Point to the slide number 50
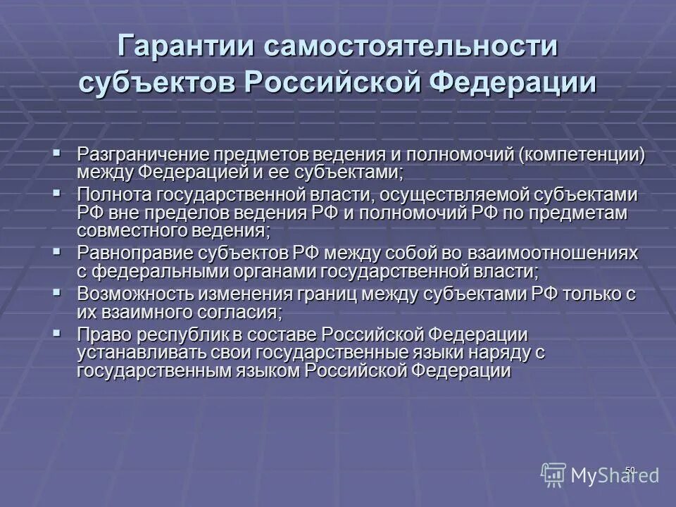(x=630, y=470)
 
